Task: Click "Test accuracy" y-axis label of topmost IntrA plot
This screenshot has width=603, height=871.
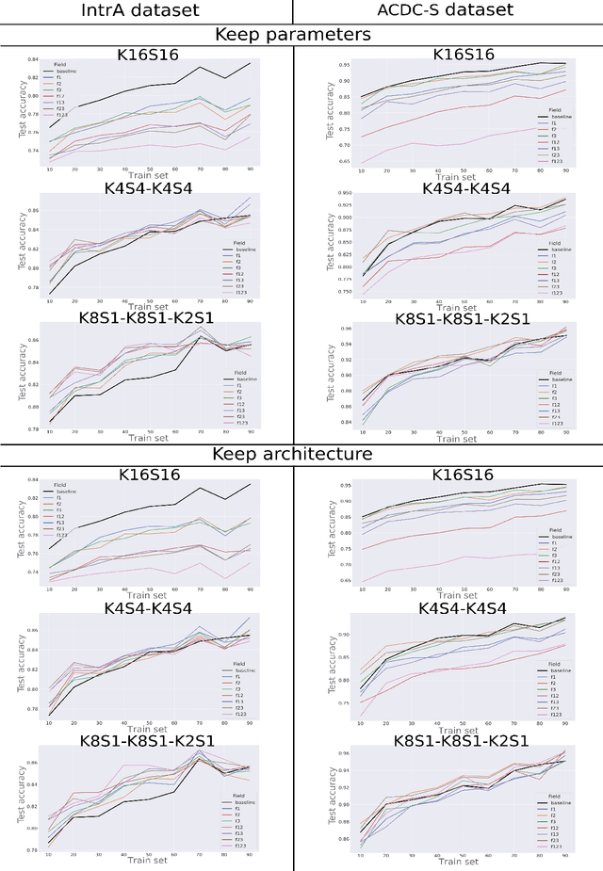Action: coord(21,107)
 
